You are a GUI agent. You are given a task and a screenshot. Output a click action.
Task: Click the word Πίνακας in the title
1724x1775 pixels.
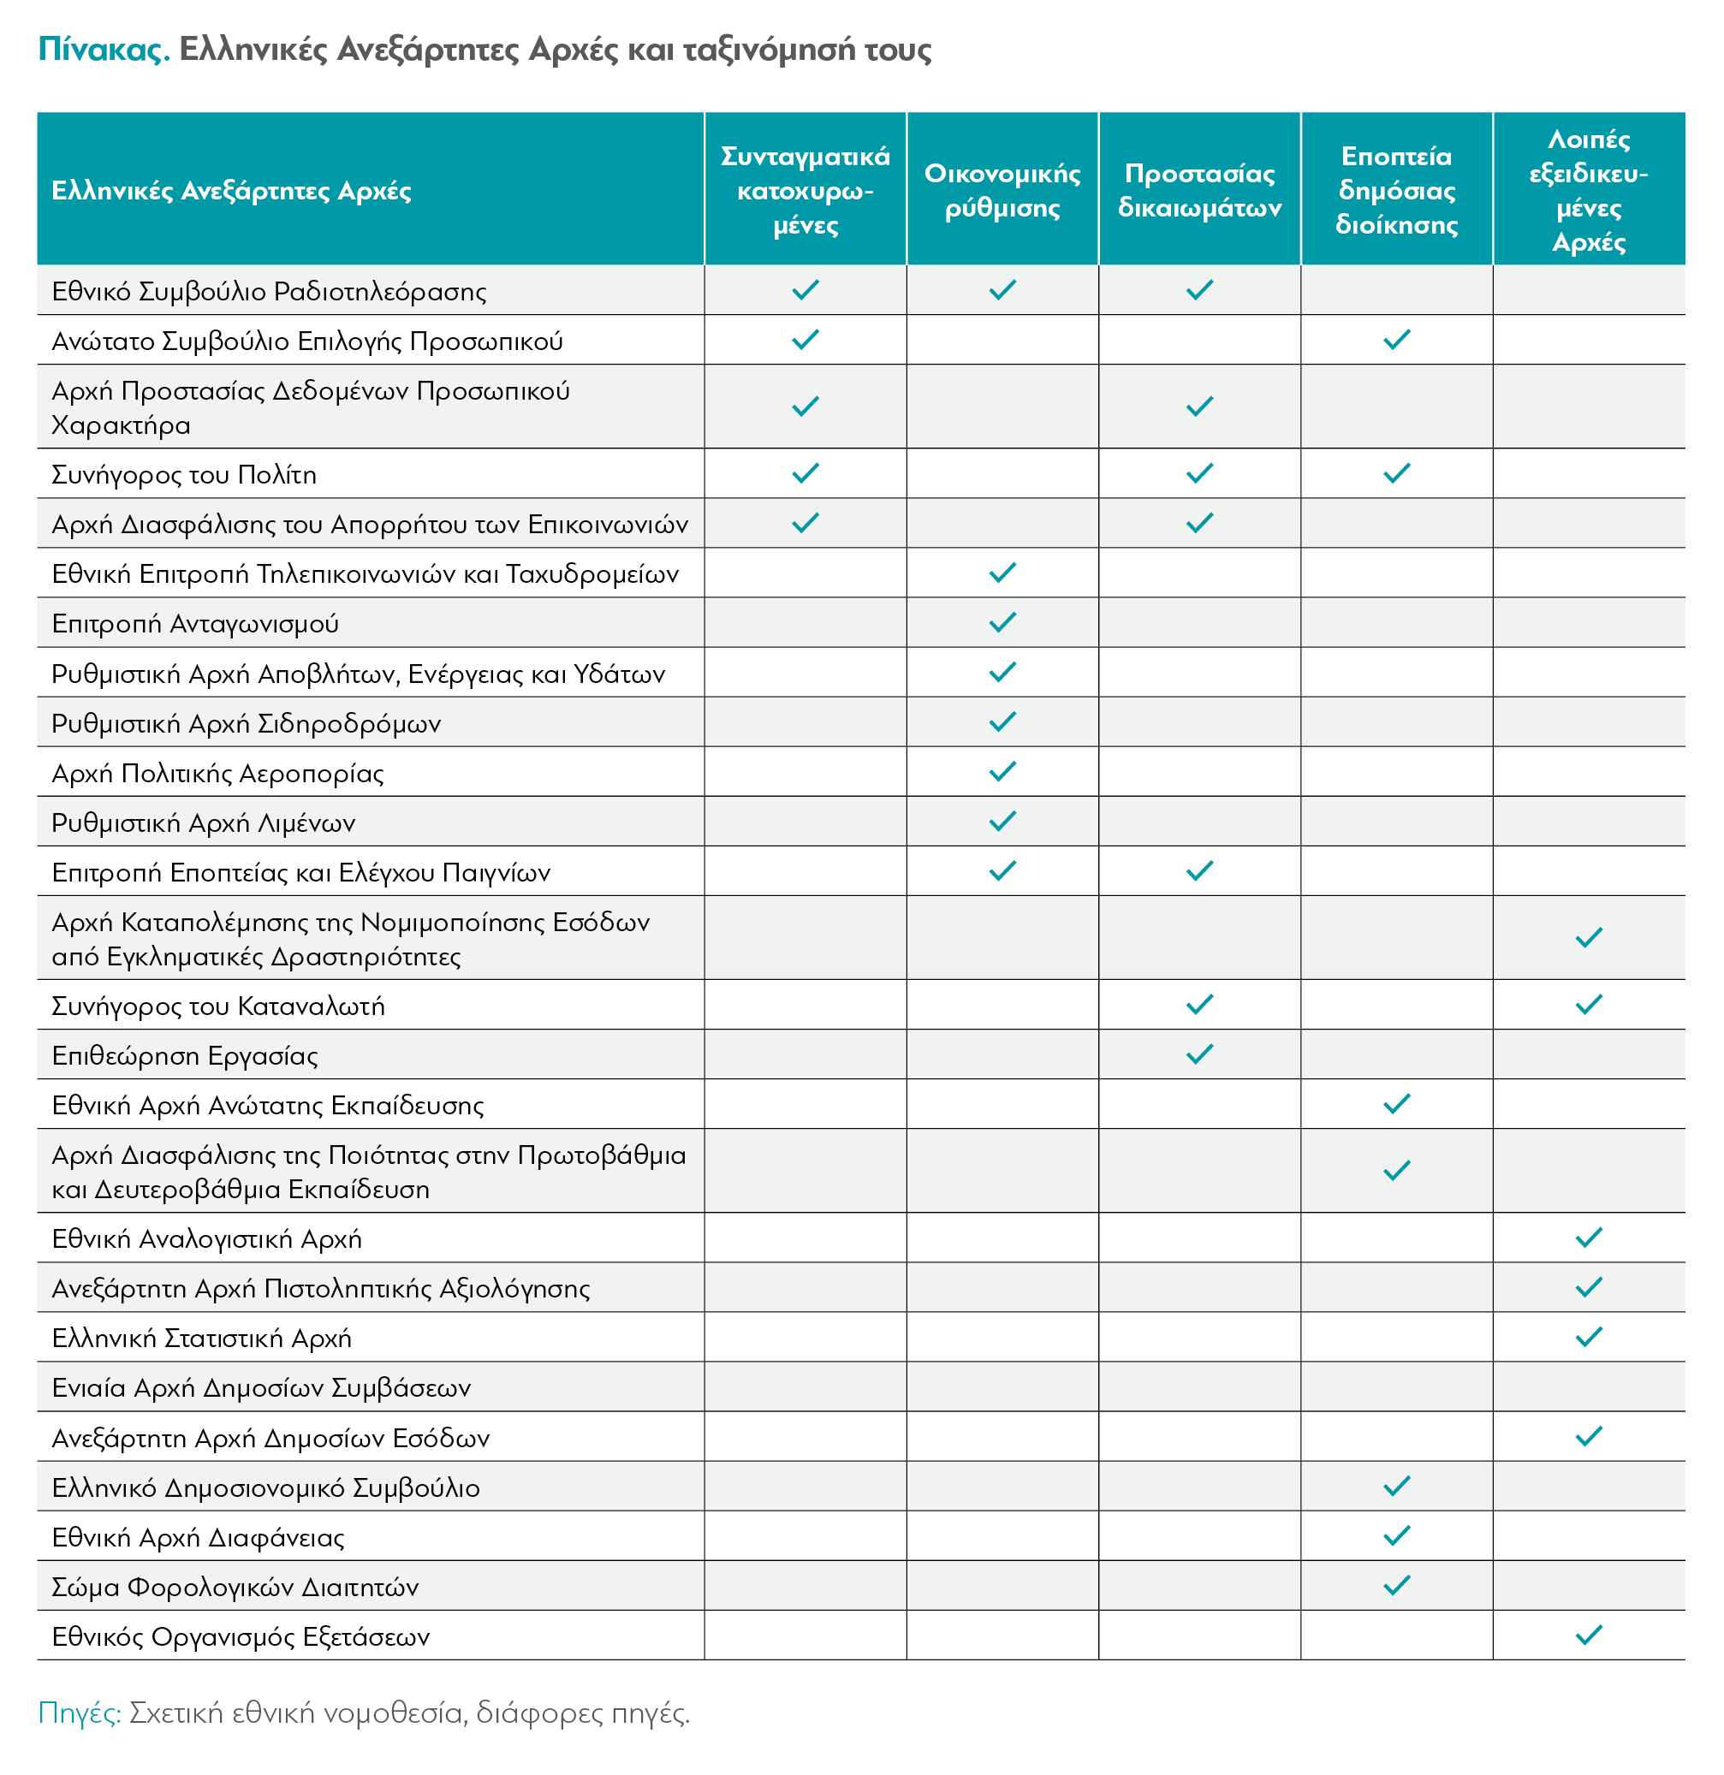pyautogui.click(x=104, y=49)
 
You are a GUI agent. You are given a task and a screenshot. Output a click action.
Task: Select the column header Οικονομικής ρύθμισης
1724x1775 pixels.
pyautogui.click(x=1002, y=190)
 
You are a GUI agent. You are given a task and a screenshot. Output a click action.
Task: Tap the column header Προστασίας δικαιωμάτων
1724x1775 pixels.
pyautogui.click(x=1199, y=190)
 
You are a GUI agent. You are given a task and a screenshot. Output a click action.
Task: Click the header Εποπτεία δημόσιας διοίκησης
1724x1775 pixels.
pyautogui.click(x=1396, y=190)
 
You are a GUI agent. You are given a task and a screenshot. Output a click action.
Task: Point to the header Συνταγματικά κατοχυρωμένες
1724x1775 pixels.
pyautogui.click(x=806, y=190)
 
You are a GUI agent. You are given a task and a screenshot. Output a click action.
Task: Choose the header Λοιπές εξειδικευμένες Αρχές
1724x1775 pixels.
pyautogui.click(x=1588, y=190)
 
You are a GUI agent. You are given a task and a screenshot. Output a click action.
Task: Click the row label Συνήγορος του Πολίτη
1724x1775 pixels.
pyautogui.click(x=184, y=474)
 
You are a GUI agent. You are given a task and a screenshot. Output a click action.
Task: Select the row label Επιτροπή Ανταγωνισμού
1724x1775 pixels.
pyautogui.click(x=195, y=623)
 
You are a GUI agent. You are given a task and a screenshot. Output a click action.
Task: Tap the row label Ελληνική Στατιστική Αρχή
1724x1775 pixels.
pyautogui.click(x=201, y=1338)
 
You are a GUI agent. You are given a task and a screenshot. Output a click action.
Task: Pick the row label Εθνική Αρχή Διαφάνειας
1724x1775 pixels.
pyautogui.click(x=198, y=1537)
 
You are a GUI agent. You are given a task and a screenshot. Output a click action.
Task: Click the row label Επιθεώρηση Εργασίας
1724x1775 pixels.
pyautogui.click(x=185, y=1055)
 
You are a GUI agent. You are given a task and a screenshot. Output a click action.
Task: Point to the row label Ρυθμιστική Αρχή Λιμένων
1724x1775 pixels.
pyautogui.click(x=203, y=822)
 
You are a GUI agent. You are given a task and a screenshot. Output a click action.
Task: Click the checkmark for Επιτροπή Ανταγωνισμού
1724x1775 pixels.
pyautogui.click(x=1002, y=622)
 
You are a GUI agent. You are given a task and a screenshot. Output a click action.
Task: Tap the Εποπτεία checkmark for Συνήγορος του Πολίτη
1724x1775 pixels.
pyautogui.click(x=1396, y=472)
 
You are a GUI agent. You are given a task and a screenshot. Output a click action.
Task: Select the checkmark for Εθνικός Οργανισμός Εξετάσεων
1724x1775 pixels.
pyautogui.click(x=1588, y=1635)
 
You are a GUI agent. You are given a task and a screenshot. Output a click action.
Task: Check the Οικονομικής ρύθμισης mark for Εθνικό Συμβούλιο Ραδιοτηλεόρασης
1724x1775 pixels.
pyautogui.click(x=1002, y=290)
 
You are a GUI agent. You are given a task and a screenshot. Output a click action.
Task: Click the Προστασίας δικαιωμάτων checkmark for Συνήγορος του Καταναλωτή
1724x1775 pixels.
pyautogui.click(x=1199, y=1005)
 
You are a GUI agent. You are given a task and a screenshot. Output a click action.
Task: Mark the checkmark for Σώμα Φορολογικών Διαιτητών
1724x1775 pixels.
pyautogui.click(x=1396, y=1585)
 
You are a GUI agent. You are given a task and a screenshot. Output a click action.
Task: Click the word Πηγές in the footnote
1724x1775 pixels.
pyautogui.click(x=80, y=1714)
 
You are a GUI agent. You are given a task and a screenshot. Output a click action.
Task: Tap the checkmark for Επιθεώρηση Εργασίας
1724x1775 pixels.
pyautogui.click(x=1199, y=1054)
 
